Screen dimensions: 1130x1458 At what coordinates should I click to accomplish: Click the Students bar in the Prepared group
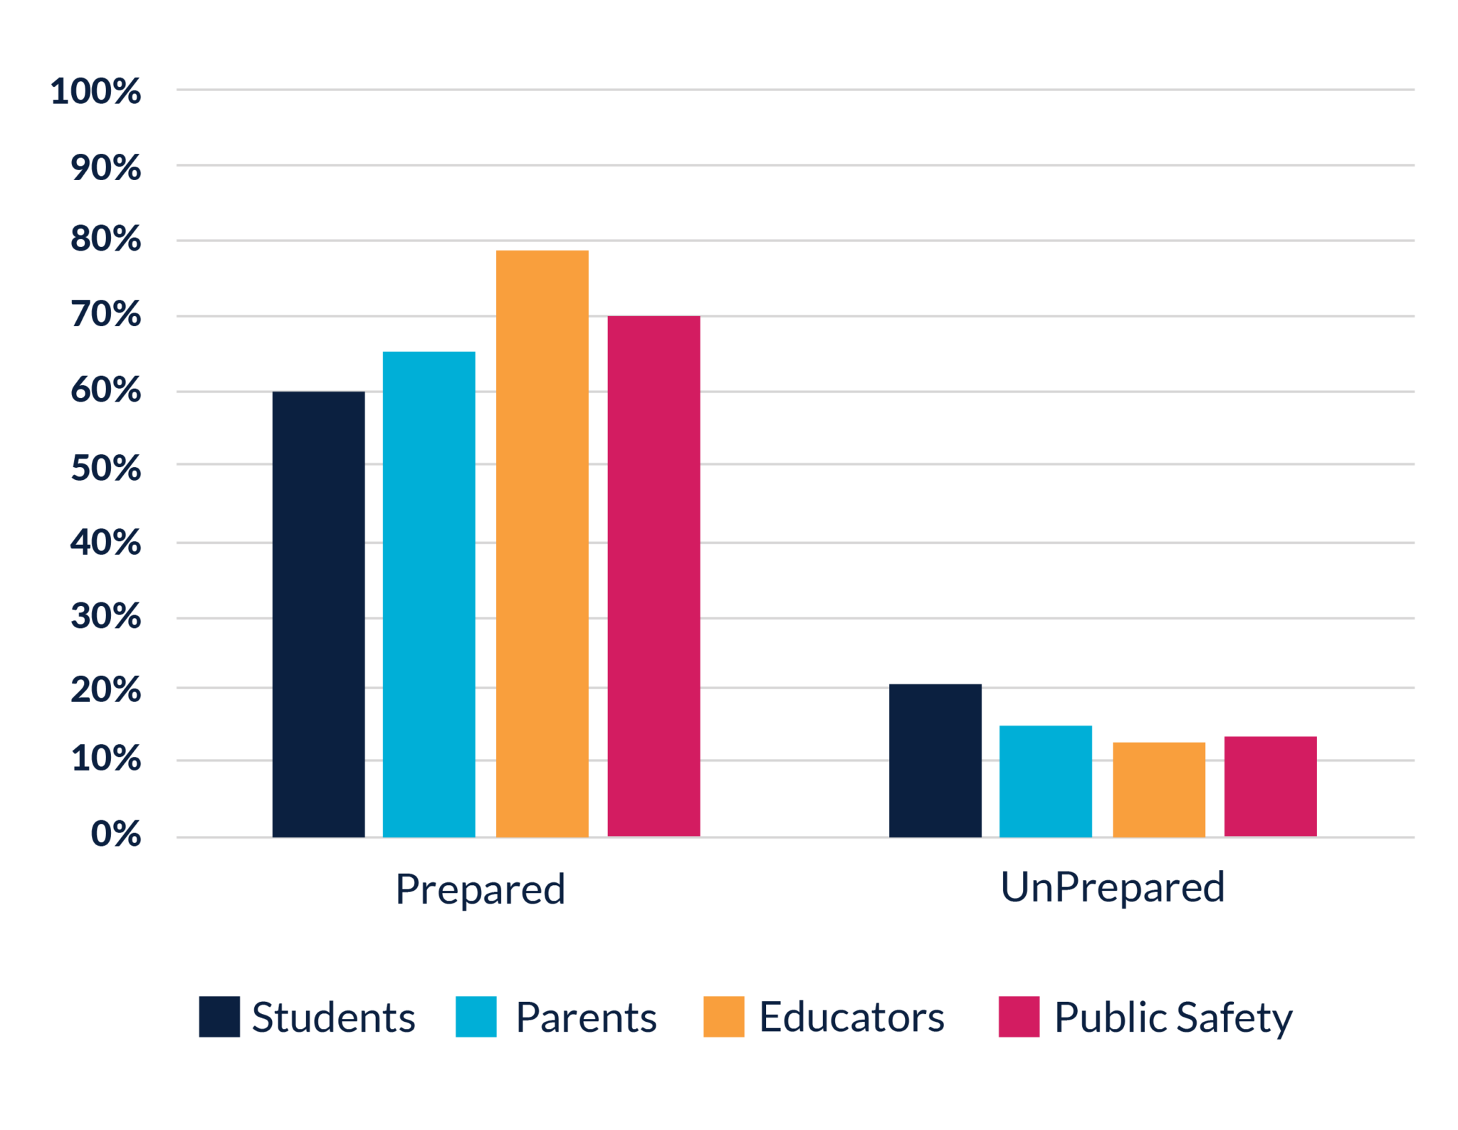tap(318, 614)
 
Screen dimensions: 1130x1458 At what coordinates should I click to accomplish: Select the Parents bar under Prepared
tap(429, 594)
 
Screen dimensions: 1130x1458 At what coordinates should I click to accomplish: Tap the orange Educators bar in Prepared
tap(542, 543)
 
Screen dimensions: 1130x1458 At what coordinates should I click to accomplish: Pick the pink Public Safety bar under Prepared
tap(654, 576)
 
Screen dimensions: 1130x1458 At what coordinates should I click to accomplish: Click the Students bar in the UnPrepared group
tap(935, 760)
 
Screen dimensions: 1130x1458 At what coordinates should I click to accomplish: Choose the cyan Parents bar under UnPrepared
tap(1045, 780)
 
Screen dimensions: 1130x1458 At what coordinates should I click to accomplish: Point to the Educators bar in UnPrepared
tap(1159, 789)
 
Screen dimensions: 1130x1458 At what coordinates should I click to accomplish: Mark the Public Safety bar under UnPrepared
tap(1270, 786)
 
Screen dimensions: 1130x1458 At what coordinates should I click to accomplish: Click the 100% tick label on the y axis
tap(95, 92)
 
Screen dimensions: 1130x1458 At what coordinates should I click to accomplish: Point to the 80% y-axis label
tap(105, 239)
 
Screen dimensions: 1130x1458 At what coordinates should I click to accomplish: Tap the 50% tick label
tap(105, 469)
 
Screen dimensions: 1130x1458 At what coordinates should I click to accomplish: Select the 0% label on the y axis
tap(115, 834)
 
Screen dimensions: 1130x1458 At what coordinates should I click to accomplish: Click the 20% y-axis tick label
tap(105, 691)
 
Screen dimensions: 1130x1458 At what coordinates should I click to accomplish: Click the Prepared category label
tap(480, 889)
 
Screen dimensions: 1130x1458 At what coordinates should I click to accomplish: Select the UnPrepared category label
tap(1112, 887)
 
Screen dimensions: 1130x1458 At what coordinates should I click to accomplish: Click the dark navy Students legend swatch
tap(219, 1016)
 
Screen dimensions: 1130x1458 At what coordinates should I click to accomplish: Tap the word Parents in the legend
tap(585, 1017)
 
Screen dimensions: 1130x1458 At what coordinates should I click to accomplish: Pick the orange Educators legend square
tap(724, 1016)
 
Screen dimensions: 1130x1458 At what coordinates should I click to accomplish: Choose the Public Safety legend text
tap(1173, 1018)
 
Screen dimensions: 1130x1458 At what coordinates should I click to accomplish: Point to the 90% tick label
tap(105, 168)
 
